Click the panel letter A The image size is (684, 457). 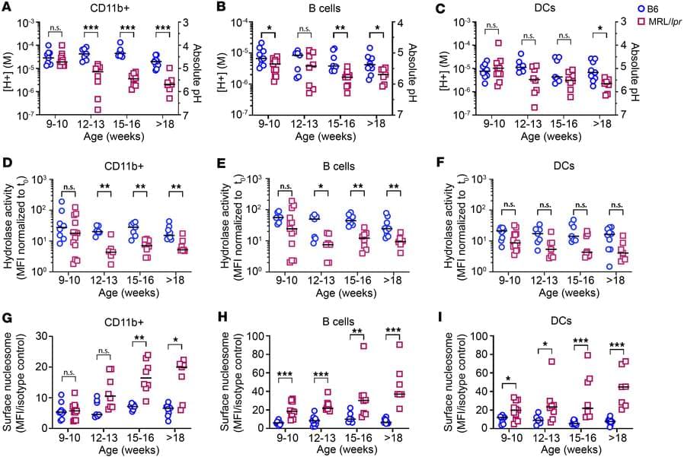click(x=7, y=8)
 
